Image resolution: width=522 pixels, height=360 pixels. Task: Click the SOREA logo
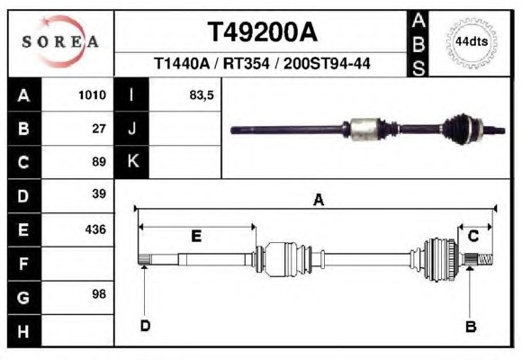click(60, 41)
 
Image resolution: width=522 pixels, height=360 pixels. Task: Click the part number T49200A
click(263, 32)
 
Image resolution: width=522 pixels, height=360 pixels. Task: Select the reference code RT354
click(246, 63)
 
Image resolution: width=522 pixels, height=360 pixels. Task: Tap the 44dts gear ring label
click(472, 42)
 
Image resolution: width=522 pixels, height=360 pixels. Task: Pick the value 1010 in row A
click(92, 95)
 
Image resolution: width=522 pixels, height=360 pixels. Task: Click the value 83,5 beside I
click(202, 95)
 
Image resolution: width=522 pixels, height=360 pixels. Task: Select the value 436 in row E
click(95, 229)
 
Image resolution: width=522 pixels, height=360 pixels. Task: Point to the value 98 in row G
click(99, 294)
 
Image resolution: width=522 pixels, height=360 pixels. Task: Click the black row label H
click(24, 331)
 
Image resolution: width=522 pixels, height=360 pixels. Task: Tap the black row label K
click(132, 161)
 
